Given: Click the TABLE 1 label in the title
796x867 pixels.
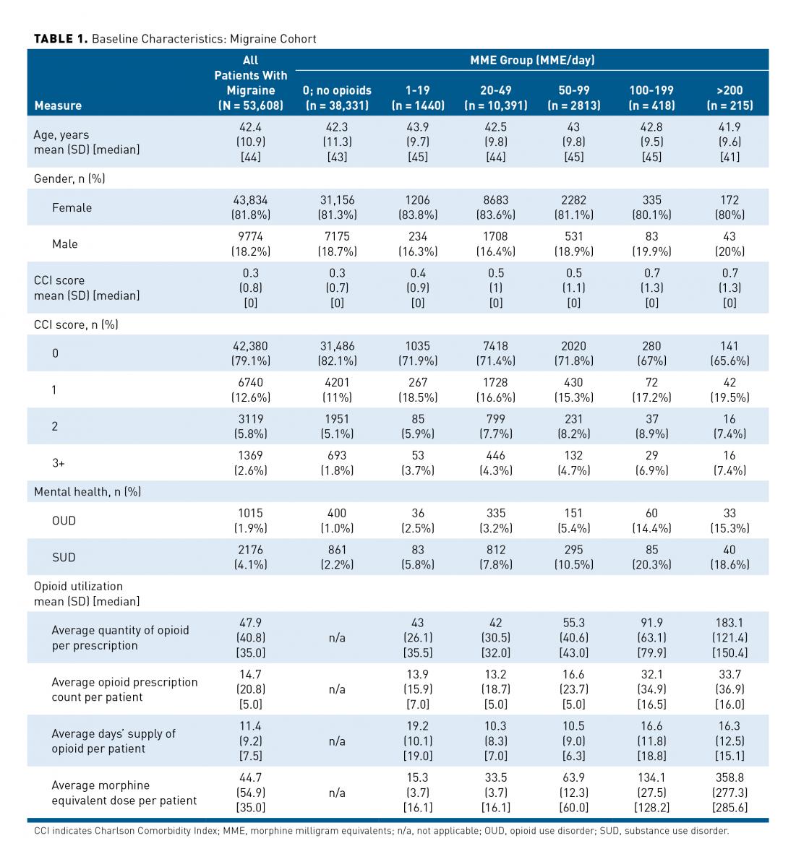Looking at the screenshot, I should (x=61, y=39).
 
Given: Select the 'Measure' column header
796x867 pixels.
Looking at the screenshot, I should (x=58, y=105).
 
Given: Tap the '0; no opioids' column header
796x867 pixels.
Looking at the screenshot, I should (x=337, y=98).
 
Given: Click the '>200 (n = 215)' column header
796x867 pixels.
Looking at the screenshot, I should (x=729, y=98).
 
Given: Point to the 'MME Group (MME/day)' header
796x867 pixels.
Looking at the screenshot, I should (x=532, y=60).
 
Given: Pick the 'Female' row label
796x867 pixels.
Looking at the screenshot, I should (x=72, y=207).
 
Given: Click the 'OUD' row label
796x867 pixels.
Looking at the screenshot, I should (x=64, y=520).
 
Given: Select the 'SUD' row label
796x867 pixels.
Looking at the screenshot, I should (x=64, y=557).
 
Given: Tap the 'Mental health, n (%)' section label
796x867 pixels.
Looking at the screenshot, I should (x=87, y=491).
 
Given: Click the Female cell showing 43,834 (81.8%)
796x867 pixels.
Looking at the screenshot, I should (x=250, y=207).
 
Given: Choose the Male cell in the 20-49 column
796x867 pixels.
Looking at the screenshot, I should (x=495, y=244).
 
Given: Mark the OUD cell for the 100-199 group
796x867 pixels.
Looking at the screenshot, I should (x=651, y=520).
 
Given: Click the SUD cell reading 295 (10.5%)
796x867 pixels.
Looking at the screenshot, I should (x=573, y=557).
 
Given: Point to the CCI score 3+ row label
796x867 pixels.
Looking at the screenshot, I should (x=58, y=462).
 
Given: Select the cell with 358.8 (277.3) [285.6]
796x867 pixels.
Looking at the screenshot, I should (x=729, y=793).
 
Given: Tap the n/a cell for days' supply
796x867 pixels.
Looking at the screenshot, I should (x=337, y=741).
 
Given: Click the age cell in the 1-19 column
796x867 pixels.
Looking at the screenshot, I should (x=417, y=142).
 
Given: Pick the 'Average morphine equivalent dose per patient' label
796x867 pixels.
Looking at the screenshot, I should (x=124, y=793).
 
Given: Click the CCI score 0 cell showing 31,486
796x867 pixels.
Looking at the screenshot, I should (x=337, y=353).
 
